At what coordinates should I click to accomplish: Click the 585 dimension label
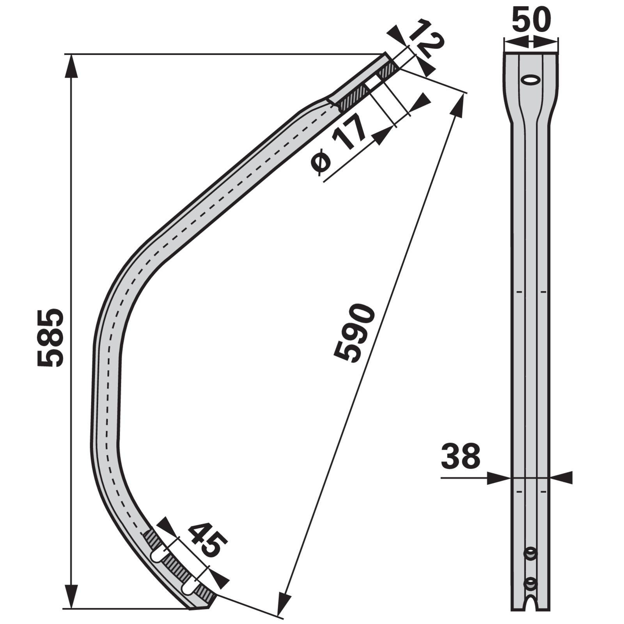(50, 338)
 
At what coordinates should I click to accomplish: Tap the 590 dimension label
(355, 334)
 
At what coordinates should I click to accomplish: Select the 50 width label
(531, 20)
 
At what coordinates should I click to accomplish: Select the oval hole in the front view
(531, 80)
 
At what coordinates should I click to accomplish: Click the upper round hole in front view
(530, 553)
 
